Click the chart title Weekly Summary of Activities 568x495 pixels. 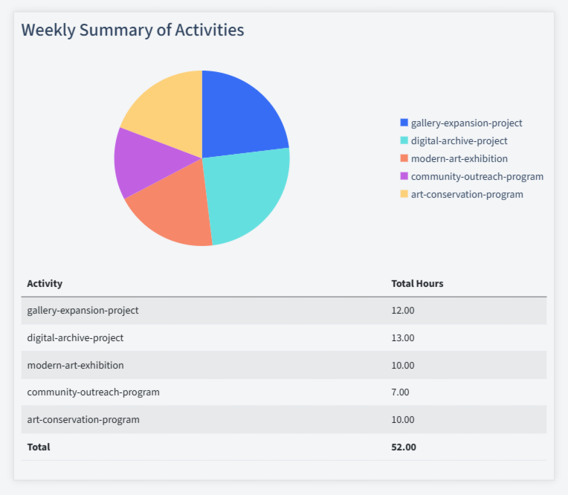pyautogui.click(x=132, y=30)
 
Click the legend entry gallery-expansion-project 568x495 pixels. pyautogui.click(x=466, y=123)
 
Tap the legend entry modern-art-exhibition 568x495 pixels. pyautogui.click(x=459, y=159)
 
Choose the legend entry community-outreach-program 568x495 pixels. pyautogui.click(x=477, y=177)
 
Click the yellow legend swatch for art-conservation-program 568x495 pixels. pyautogui.click(x=404, y=194)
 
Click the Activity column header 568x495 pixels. pyautogui.click(x=45, y=284)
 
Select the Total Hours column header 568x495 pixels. pyautogui.click(x=417, y=284)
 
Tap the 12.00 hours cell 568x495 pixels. pyautogui.click(x=403, y=311)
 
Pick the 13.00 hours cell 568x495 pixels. pyautogui.click(x=403, y=338)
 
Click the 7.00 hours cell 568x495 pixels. pyautogui.click(x=400, y=392)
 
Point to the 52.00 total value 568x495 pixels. pyautogui.click(x=404, y=447)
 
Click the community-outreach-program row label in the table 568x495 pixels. pyautogui.click(x=93, y=392)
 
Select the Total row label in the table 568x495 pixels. pyautogui.click(x=39, y=447)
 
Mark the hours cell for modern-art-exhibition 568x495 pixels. pyautogui.click(x=403, y=366)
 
